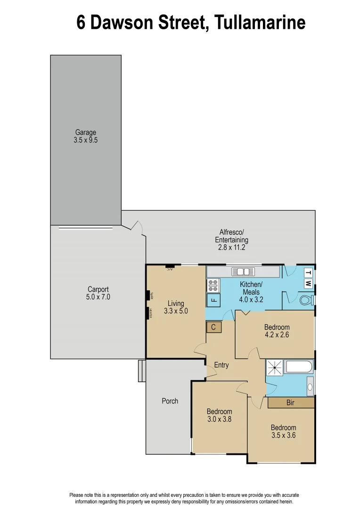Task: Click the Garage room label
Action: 85,136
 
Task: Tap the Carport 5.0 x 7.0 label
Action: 98,293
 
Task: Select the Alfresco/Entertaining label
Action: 231,239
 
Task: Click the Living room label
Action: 176,307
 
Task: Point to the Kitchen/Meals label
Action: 251,292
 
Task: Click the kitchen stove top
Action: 213,286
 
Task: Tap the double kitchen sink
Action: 243,272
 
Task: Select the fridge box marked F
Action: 213,300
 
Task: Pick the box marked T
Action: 308,273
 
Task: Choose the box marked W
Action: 308,283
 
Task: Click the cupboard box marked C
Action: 213,327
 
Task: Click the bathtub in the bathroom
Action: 297,367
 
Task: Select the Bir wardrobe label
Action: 291,403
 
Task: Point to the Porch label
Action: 170,401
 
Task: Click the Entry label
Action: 221,365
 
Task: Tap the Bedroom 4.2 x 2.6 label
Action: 277,331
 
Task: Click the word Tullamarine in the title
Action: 260,22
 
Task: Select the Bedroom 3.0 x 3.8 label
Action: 219,415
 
